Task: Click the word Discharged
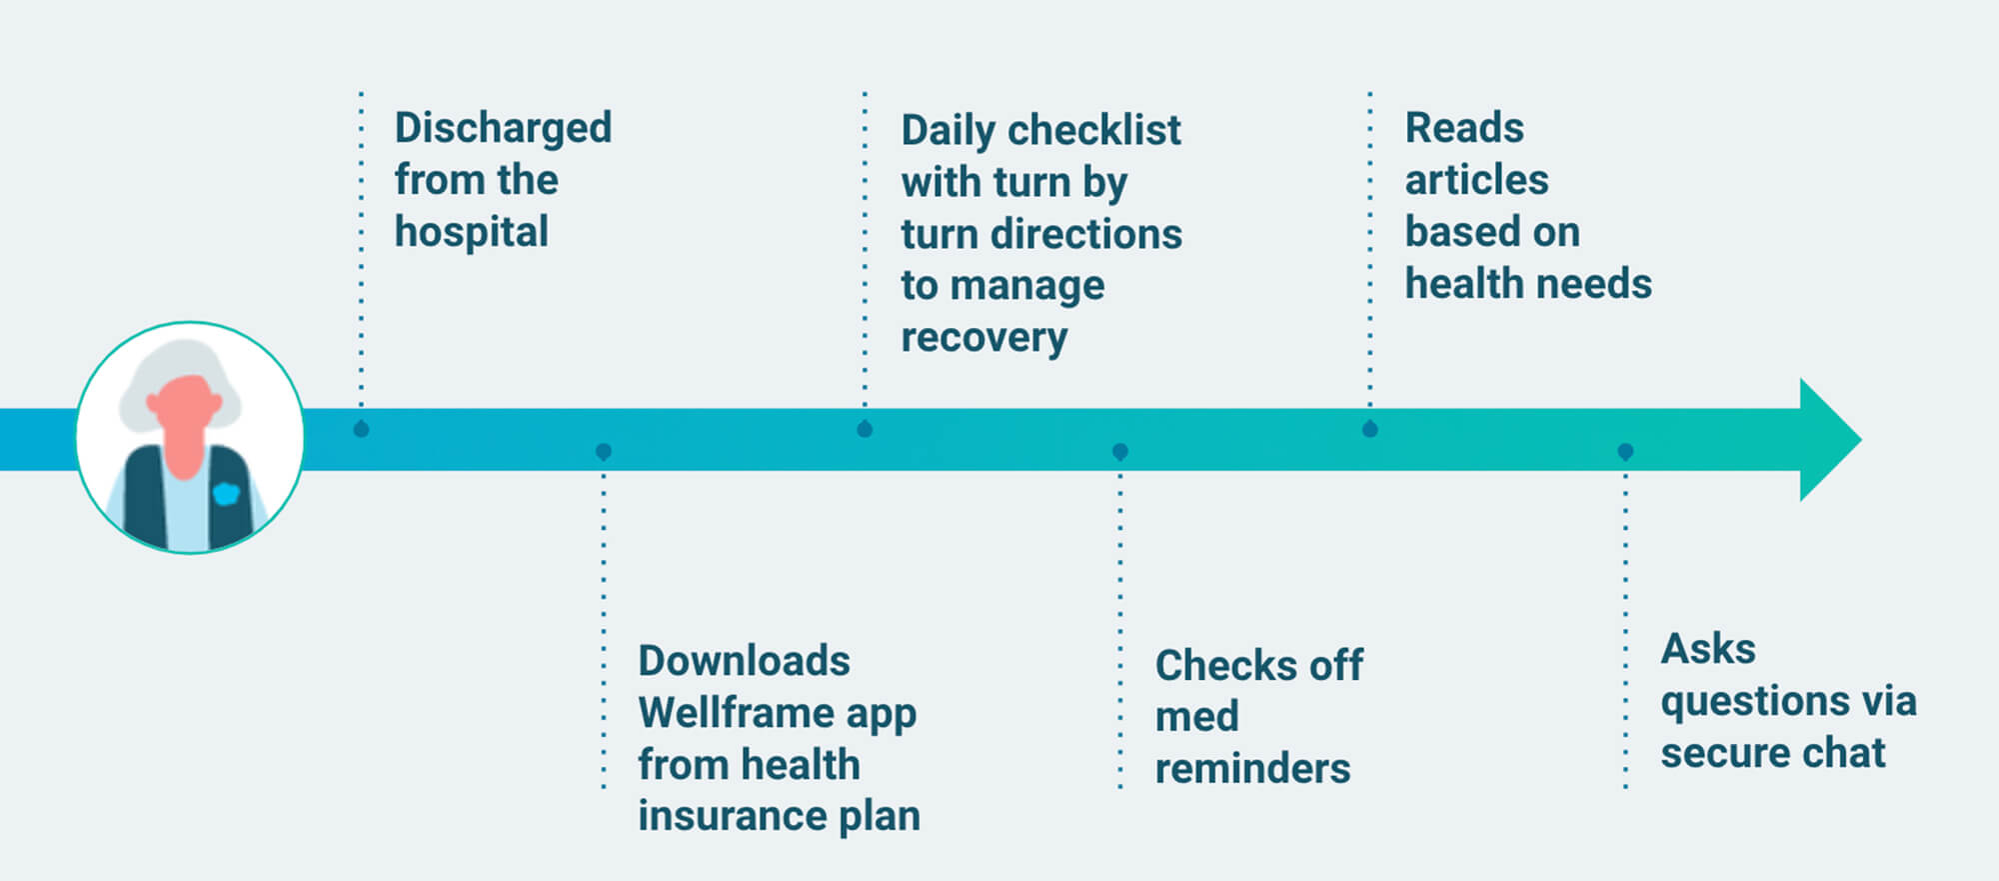coord(503,129)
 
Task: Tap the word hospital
coord(471,233)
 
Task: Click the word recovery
coord(984,339)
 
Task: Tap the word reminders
coord(1252,769)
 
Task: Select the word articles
coord(1476,181)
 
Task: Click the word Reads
coord(1464,129)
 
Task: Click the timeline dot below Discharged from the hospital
coord(362,429)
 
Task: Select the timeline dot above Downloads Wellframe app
coord(604,452)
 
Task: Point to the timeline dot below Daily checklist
coord(865,429)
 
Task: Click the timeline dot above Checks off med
coord(1119,452)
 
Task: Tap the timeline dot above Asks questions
coord(1625,452)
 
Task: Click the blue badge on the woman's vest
coord(227,494)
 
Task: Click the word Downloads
coord(744,662)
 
